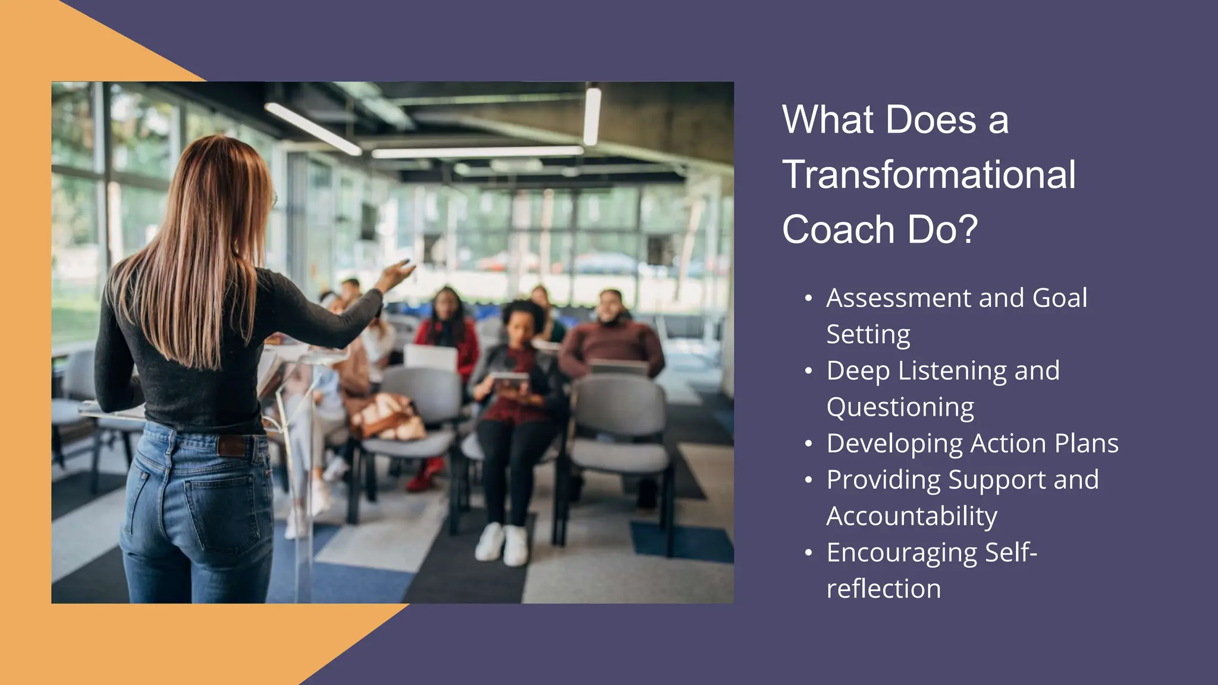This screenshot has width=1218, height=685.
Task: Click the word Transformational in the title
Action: [928, 175]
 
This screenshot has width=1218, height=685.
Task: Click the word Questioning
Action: [900, 408]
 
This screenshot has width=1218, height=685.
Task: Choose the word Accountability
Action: [911, 516]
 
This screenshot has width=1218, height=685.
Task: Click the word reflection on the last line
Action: [883, 589]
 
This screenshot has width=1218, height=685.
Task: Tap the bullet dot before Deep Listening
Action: [808, 372]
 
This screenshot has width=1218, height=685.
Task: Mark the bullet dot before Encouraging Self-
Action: [808, 554]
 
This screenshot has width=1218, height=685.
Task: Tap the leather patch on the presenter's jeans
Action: [232, 445]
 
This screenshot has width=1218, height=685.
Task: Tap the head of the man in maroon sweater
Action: [611, 306]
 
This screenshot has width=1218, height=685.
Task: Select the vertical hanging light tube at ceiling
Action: [592, 115]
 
